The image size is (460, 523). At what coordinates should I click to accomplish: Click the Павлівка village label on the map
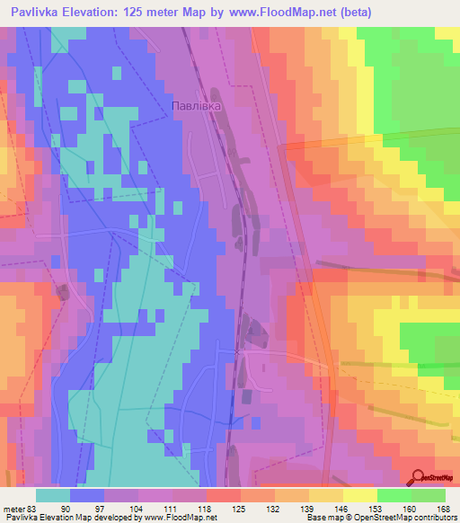[196, 105]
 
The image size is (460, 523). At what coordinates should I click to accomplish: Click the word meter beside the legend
[14, 508]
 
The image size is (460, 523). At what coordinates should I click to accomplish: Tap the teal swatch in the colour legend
[53, 495]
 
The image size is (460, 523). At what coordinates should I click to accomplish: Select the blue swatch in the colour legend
[87, 495]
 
